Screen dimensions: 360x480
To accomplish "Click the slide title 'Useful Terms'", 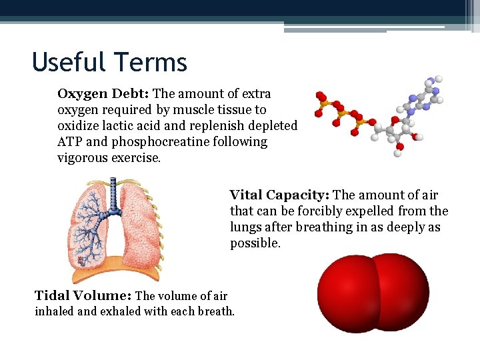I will pyautogui.click(x=109, y=63).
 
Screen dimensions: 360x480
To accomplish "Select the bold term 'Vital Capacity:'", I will pyautogui.click(x=279, y=195).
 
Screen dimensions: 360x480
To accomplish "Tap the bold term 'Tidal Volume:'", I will pyautogui.click(x=83, y=296).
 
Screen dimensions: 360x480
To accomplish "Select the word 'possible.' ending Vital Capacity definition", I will pyautogui.click(x=255, y=243).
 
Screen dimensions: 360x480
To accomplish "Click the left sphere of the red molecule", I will pyautogui.click(x=345, y=293).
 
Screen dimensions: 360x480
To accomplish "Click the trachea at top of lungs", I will pyautogui.click(x=113, y=193).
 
